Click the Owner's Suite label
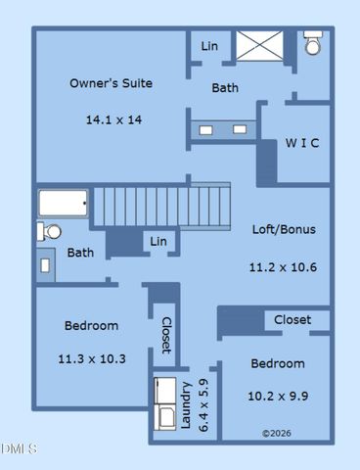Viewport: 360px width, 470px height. pyautogui.click(x=111, y=83)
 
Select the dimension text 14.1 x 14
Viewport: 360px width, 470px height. pyautogui.click(x=113, y=119)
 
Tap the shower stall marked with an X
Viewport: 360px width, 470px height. pyautogui.click(x=261, y=46)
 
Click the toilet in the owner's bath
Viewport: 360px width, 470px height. pyautogui.click(x=312, y=44)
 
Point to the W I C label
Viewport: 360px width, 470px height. pyautogui.click(x=302, y=143)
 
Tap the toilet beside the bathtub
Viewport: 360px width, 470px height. pyautogui.click(x=49, y=232)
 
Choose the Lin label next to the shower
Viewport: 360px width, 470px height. pyautogui.click(x=209, y=46)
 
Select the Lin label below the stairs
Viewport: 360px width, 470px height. pyautogui.click(x=158, y=242)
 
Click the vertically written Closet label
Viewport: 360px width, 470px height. pyautogui.click(x=166, y=334)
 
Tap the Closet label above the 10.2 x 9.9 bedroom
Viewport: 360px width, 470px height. pyautogui.click(x=292, y=319)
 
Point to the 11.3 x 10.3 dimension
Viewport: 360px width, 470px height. pyautogui.click(x=92, y=358)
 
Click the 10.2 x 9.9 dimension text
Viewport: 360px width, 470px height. pyautogui.click(x=278, y=397)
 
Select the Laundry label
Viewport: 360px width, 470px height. pyautogui.click(x=187, y=405)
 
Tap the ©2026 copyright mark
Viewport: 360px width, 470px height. pyautogui.click(x=277, y=432)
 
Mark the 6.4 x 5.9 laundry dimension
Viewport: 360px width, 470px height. pyautogui.click(x=203, y=405)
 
